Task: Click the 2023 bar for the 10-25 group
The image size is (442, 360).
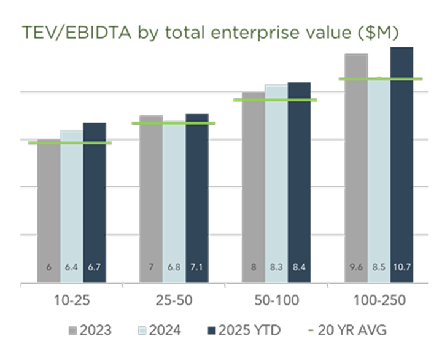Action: coord(49,209)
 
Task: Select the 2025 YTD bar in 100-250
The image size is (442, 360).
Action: coord(401,166)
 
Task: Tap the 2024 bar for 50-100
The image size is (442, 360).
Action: coord(276,184)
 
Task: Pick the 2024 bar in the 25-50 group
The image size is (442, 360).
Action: coord(174,203)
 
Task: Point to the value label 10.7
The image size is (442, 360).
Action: coord(401,268)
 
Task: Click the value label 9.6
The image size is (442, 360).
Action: coord(356,268)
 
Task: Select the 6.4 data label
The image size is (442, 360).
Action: coord(72,268)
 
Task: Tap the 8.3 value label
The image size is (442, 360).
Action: coord(276,268)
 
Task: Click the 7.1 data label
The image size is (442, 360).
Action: coord(197,268)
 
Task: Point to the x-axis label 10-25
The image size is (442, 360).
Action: coord(72,302)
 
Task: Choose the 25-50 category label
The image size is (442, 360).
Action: coord(174,302)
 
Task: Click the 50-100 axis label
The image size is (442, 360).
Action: coord(276,302)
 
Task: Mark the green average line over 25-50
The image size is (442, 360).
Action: coord(174,123)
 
